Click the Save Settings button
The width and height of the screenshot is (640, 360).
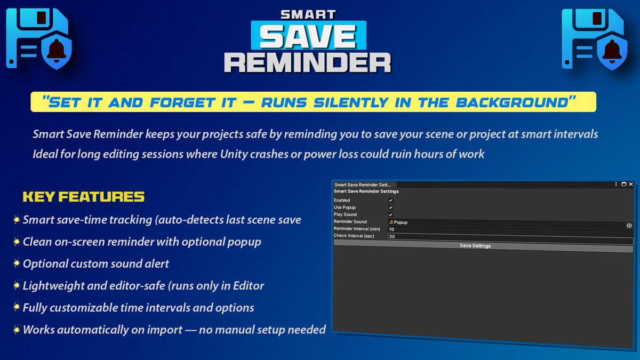pyautogui.click(x=475, y=246)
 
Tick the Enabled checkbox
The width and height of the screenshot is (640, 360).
pyautogui.click(x=391, y=201)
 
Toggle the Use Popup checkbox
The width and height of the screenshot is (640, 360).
pyautogui.click(x=391, y=207)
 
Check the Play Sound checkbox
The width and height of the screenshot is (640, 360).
pyautogui.click(x=391, y=214)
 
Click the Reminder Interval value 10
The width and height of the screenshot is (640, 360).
pyautogui.click(x=392, y=229)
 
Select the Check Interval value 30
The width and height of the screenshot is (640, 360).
pyautogui.click(x=392, y=236)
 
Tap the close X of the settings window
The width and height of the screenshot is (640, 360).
pyautogui.click(x=631, y=184)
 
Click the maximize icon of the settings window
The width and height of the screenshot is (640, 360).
pyautogui.click(x=624, y=184)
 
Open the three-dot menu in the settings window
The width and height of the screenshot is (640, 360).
pyautogui.click(x=616, y=184)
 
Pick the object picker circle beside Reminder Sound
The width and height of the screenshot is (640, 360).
pyautogui.click(x=629, y=226)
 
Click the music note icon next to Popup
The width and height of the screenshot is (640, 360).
pyautogui.click(x=391, y=222)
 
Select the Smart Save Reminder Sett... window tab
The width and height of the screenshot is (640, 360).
pyautogui.click(x=363, y=185)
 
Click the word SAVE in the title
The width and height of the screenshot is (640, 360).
pyautogui.click(x=308, y=36)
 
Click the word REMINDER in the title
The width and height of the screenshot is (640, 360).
pyautogui.click(x=308, y=62)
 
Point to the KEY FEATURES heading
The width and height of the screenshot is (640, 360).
pyautogui.click(x=83, y=197)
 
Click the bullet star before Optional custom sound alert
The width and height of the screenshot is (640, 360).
pyautogui.click(x=17, y=263)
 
